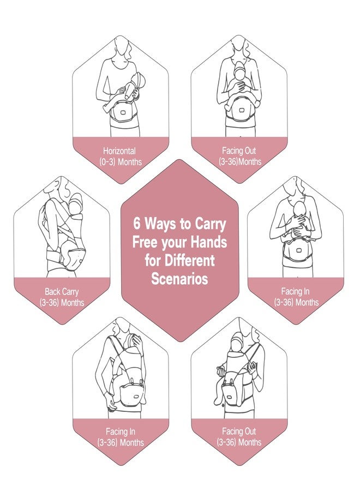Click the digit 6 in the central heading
136,224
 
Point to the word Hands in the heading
209,242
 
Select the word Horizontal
119,151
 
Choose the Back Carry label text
61,292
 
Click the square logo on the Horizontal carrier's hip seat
124,113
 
